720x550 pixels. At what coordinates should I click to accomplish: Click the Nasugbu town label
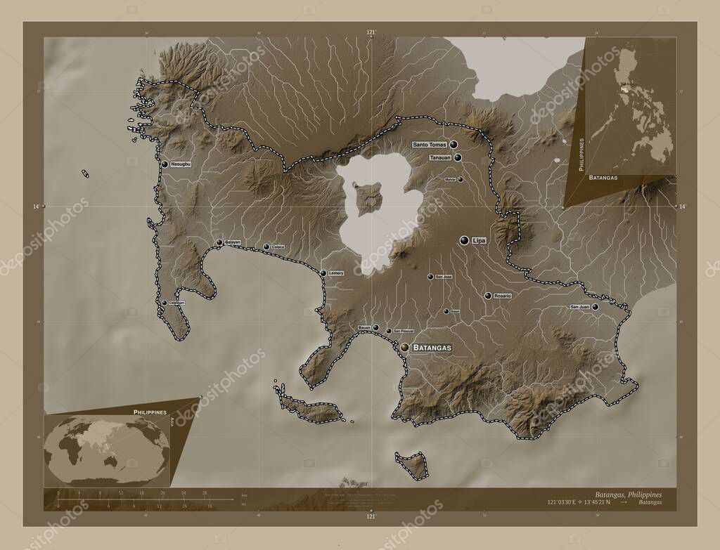[181, 164]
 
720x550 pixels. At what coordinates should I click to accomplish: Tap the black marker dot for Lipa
[464, 240]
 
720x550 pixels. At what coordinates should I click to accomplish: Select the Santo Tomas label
[430, 145]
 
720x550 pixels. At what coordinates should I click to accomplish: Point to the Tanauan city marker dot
[458, 158]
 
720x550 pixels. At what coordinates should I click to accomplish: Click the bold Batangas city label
[432, 348]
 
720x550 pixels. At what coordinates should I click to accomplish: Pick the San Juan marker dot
[595, 307]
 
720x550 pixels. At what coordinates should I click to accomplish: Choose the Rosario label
[502, 296]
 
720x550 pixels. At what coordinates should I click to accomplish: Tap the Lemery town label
[336, 273]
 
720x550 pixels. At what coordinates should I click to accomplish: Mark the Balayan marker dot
[220, 242]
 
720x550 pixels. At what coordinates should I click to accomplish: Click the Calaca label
[278, 247]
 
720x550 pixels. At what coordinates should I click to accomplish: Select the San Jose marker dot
[430, 277]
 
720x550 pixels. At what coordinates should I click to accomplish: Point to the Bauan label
[364, 328]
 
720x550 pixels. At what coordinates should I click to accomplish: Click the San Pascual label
[404, 331]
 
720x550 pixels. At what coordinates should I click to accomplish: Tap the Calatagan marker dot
[165, 303]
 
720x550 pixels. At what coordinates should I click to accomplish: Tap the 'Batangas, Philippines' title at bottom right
[627, 495]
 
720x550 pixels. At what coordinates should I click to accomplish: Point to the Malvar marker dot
[461, 179]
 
